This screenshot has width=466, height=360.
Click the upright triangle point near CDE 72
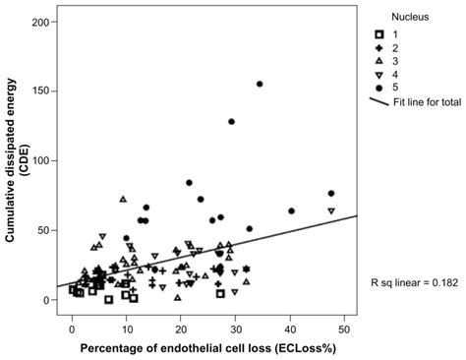point(124,200)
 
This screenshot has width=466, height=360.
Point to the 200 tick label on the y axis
point(41,22)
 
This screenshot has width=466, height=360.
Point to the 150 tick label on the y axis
point(41,91)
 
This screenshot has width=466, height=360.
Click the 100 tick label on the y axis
point(41,160)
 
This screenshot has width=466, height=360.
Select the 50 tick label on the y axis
point(44,230)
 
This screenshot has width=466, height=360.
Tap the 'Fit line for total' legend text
point(420,103)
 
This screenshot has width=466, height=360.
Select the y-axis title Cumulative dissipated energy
point(13,157)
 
